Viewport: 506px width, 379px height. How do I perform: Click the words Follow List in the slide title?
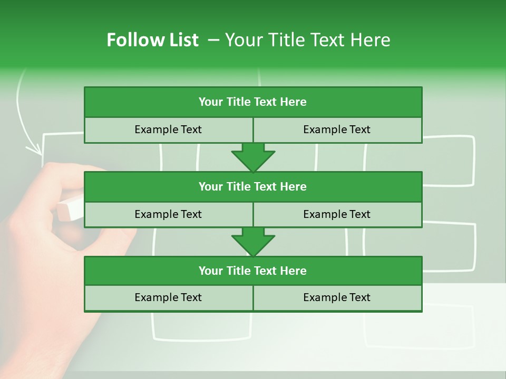tap(152, 40)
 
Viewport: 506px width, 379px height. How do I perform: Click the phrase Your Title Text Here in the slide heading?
tap(307, 40)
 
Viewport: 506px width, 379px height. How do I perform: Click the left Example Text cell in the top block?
tap(168, 129)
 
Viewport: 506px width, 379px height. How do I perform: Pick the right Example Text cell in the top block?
tap(337, 129)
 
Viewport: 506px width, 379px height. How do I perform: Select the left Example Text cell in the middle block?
tap(168, 214)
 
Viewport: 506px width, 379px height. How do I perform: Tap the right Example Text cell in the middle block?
tap(337, 214)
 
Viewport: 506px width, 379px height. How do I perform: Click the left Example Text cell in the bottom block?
tap(168, 297)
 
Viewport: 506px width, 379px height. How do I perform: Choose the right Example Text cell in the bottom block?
tap(337, 297)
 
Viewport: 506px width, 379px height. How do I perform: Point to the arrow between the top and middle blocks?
tap(253, 157)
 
